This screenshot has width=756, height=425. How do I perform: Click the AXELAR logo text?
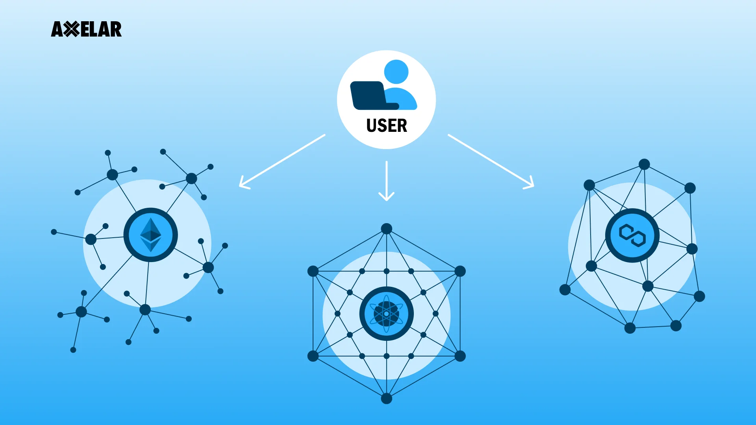pos(87,29)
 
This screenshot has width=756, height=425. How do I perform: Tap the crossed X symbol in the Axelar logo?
pos(71,29)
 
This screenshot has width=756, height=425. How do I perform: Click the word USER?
pos(386,126)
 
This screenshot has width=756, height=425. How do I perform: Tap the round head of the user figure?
pos(396,72)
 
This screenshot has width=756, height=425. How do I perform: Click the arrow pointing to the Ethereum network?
pos(281,161)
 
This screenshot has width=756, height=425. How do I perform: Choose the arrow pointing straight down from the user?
pos(386,181)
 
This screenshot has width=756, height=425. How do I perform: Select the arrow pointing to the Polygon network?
pos(491,161)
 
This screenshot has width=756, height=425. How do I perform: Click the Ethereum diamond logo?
pos(150,235)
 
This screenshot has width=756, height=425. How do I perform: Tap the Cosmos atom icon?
pos(386,314)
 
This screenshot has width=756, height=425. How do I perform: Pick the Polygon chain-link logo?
pos(632,235)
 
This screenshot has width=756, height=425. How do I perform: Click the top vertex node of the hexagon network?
pos(386,229)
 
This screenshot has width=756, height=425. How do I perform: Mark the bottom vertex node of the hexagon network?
pos(386,398)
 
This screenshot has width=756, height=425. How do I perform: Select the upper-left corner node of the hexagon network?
pos(313,271)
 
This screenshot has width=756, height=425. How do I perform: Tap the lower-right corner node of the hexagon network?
pos(460,356)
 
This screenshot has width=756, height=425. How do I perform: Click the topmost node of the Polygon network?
pos(644,164)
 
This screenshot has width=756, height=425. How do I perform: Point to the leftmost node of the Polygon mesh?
pos(565,290)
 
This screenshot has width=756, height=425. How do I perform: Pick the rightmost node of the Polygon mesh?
pos(699,296)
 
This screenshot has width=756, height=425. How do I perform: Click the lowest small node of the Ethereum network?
pos(73,350)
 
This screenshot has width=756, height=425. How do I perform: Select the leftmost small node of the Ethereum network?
pos(54,232)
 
